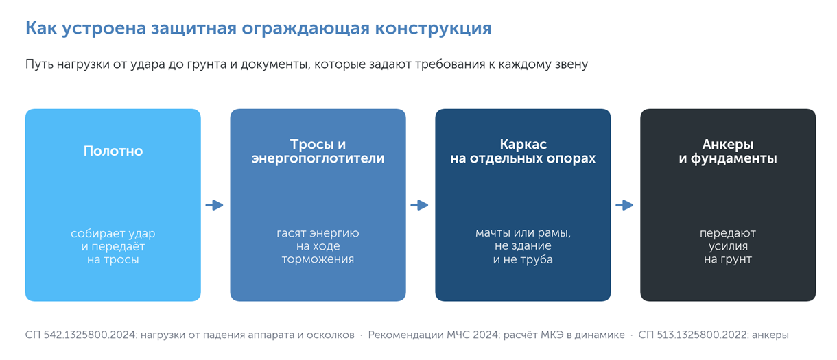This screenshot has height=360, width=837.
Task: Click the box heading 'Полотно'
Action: pos(113,151)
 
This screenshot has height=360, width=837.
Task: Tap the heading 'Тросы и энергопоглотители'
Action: pos(318,152)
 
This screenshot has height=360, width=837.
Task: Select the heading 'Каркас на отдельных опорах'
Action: pos(523,152)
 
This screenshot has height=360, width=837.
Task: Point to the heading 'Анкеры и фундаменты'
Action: pos(728,152)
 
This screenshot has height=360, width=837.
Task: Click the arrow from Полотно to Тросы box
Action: pos(215,205)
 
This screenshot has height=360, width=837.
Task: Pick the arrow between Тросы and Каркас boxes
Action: pos(420,205)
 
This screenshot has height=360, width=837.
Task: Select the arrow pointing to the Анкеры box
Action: pos(625,205)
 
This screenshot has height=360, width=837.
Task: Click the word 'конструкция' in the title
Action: pos(434,28)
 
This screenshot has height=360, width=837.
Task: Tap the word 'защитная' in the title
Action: pos(193,28)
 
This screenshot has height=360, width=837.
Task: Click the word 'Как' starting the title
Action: pos(41,28)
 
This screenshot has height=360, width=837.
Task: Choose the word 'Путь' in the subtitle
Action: pos(39,64)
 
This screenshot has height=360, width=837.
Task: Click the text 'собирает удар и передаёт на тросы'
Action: pos(113,246)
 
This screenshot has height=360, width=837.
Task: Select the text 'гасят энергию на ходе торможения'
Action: pos(318,246)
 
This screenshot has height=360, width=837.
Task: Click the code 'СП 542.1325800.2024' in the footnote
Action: pos(81,335)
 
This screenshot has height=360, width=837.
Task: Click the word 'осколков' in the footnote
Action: pos(330,335)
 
